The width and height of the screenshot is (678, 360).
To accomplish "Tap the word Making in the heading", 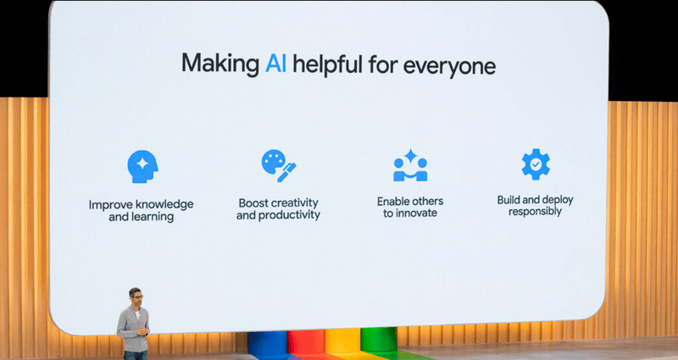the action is click(x=220, y=64).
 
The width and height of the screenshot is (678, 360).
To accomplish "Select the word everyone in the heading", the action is click(x=449, y=67).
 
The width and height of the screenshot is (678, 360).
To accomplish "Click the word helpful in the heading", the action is click(x=327, y=64).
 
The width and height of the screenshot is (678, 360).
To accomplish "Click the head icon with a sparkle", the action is click(x=142, y=166).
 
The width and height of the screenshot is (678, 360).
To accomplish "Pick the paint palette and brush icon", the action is click(x=279, y=165).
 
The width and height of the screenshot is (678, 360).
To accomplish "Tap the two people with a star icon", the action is click(x=410, y=165).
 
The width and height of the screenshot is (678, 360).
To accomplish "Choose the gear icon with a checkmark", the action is click(x=536, y=163).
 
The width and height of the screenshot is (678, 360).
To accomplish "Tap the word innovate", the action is click(x=416, y=213).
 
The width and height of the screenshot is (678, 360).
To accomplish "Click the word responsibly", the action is click(x=535, y=212).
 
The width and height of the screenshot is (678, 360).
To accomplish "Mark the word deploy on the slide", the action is click(x=558, y=201).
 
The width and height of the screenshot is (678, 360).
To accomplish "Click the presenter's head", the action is click(x=136, y=296).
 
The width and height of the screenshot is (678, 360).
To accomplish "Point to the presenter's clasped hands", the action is click(x=142, y=332).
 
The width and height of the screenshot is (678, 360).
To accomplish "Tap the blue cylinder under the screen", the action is click(x=268, y=345).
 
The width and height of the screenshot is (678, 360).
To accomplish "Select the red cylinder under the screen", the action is click(x=306, y=345).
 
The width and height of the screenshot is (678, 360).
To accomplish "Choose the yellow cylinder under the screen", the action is click(x=342, y=344).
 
